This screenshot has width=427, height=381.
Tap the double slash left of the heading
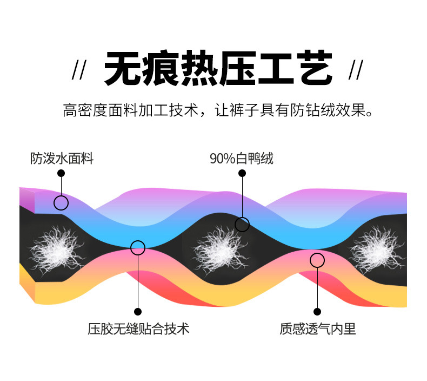click(x=79, y=71)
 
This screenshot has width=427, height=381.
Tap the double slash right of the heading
click(x=356, y=71)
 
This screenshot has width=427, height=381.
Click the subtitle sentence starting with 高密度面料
click(x=218, y=111)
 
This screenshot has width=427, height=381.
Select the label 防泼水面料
click(x=62, y=159)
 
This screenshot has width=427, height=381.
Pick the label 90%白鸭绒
click(x=242, y=159)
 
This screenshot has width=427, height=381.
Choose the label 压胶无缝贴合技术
click(x=138, y=329)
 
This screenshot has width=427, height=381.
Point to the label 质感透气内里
click(x=318, y=329)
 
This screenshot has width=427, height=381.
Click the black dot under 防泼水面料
click(x=61, y=173)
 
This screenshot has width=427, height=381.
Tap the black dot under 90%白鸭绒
click(x=242, y=173)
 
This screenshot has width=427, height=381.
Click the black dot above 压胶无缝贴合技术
click(x=138, y=312)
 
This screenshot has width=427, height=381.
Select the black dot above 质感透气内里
click(x=317, y=312)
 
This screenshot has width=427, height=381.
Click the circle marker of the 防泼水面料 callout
click(x=61, y=203)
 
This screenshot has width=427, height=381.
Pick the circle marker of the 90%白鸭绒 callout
click(x=242, y=224)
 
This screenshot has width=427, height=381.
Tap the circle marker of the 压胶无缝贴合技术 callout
click(x=138, y=248)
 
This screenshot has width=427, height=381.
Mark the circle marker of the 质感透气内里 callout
click(x=317, y=260)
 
